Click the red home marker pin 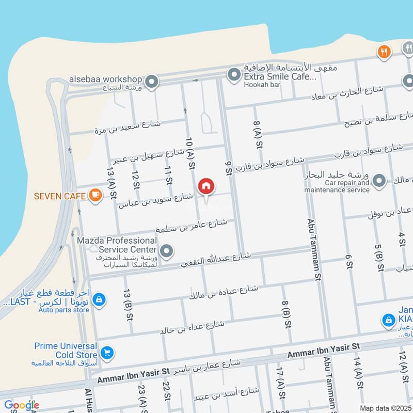click(206, 186)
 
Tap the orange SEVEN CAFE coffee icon click(94, 195)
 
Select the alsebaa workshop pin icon click(151, 81)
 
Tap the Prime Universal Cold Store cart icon click(107, 353)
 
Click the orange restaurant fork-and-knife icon click(383, 51)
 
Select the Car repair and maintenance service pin click(379, 181)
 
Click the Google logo click(21, 405)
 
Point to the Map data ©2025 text click(385, 408)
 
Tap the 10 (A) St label click(190, 153)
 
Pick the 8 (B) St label click(285, 313)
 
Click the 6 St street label click(349, 262)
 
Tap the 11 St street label click(168, 176)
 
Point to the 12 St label click(136, 179)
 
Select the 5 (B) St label click(379, 257)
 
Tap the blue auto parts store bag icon click(100, 299)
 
